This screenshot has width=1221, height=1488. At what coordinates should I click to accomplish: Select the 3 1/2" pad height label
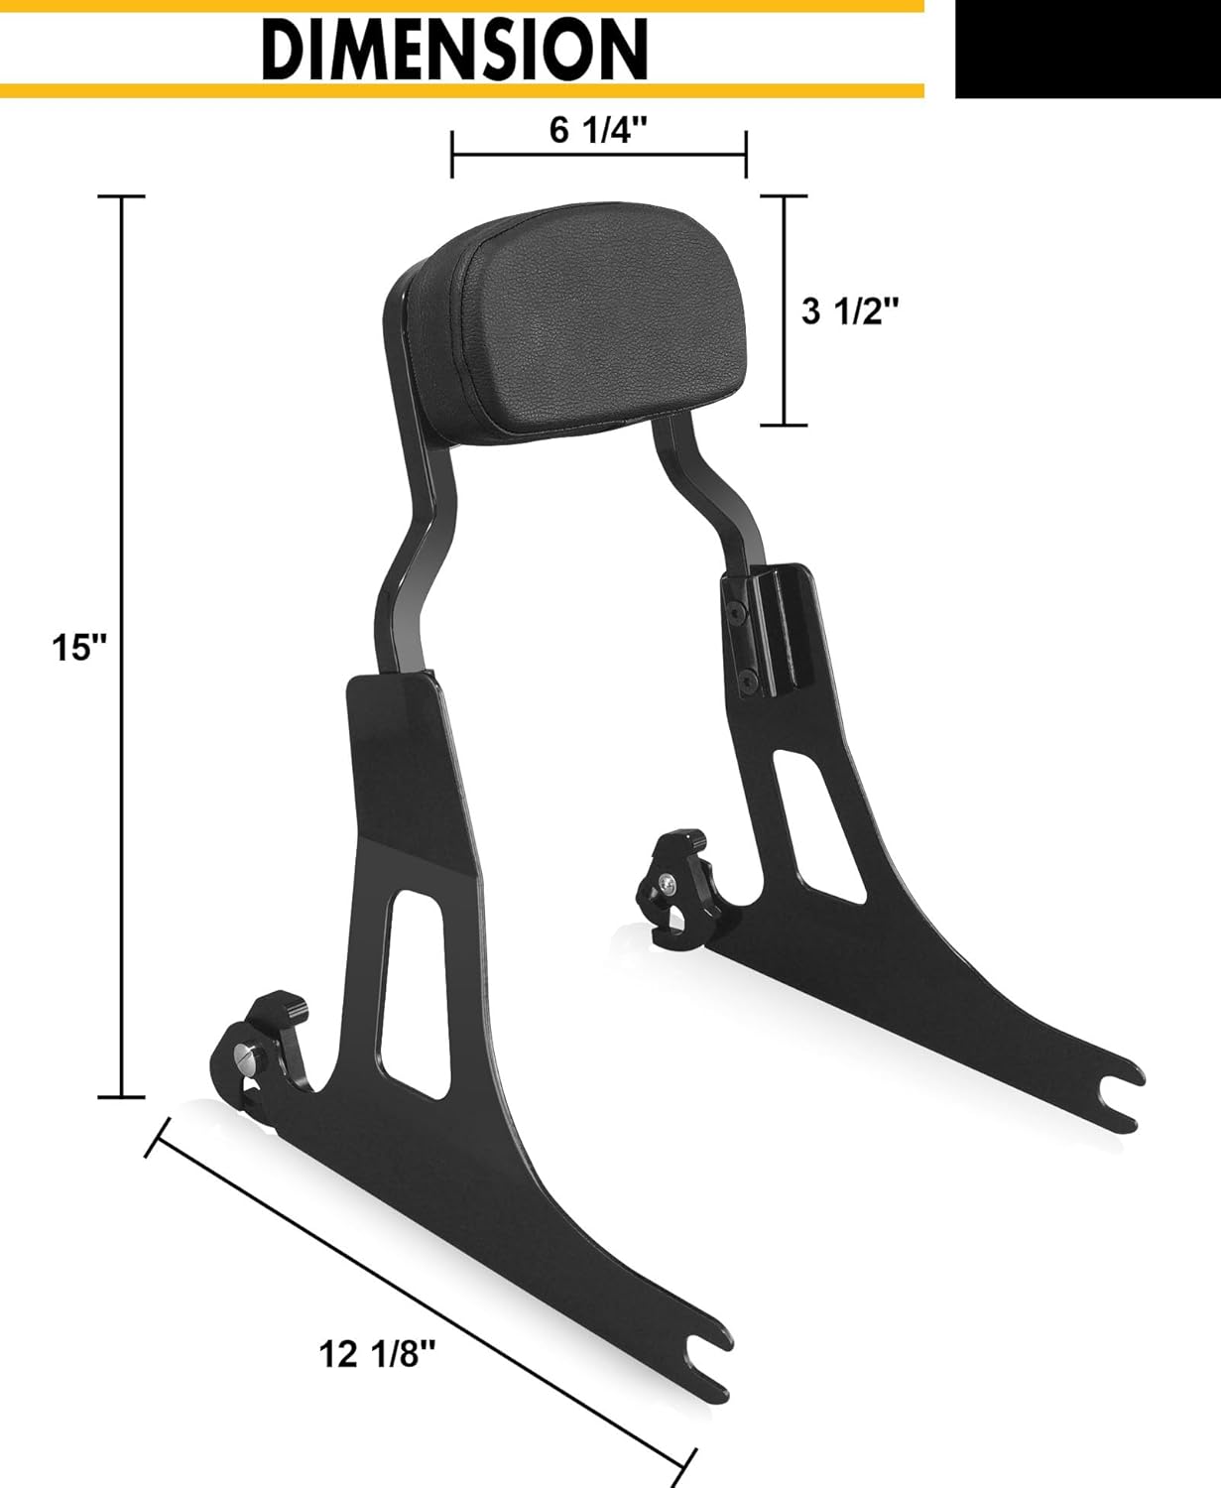coord(850,311)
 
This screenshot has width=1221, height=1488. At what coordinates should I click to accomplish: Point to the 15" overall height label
coord(78,648)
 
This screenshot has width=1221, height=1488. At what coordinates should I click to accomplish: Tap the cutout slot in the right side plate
coord(815,813)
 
